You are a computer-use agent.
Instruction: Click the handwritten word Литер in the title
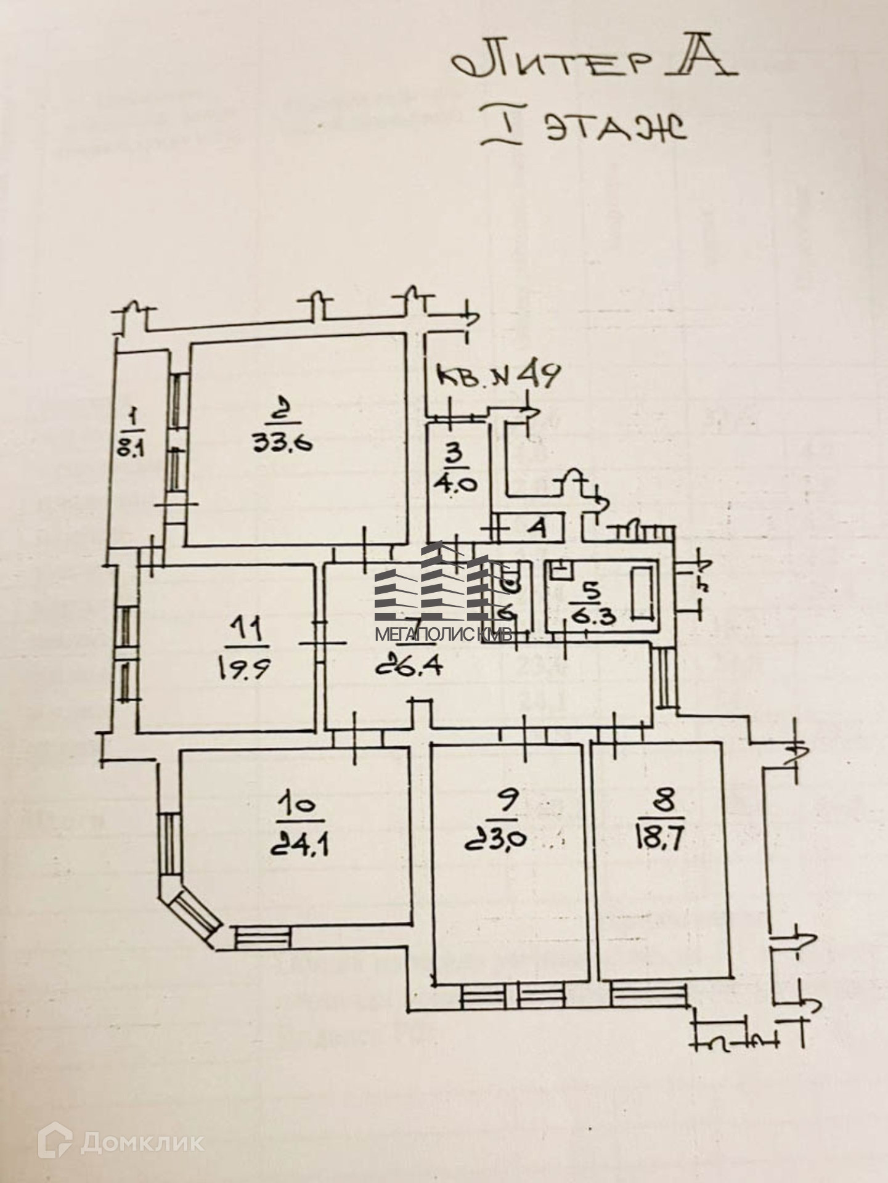pyautogui.click(x=554, y=63)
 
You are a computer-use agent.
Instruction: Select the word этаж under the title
pyautogui.click(x=617, y=129)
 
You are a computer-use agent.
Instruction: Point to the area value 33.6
pyautogui.click(x=282, y=442)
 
